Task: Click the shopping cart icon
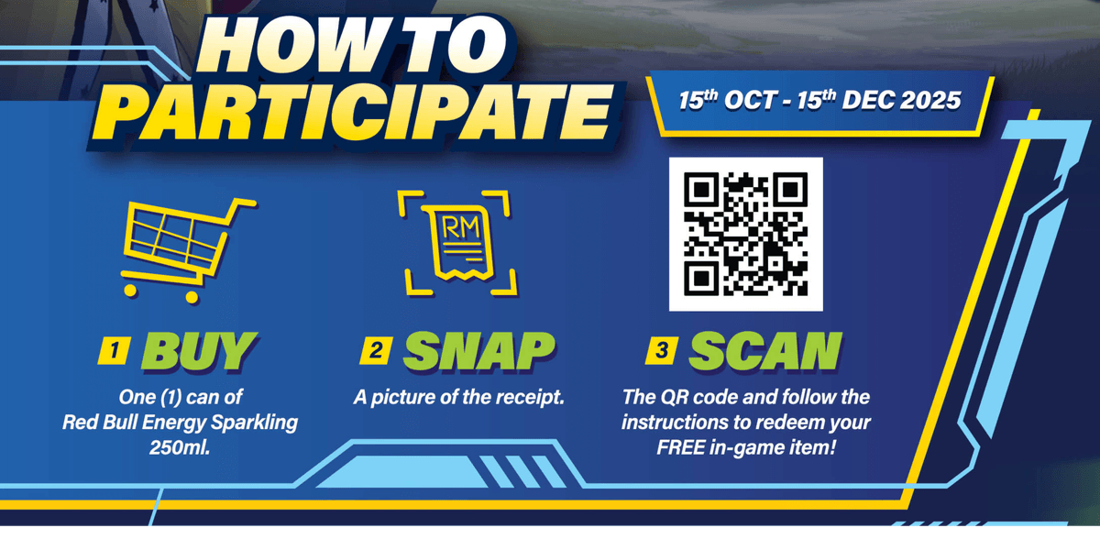click(x=187, y=250)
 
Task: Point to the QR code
click(x=746, y=235)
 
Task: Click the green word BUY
click(x=199, y=350)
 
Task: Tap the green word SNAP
click(x=478, y=350)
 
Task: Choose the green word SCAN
click(x=766, y=350)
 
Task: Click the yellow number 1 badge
click(x=115, y=350)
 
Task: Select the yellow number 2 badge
click(x=376, y=350)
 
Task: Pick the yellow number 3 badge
click(x=662, y=350)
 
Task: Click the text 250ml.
click(x=180, y=448)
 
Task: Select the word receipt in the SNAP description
click(x=532, y=398)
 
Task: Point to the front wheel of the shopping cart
click(x=192, y=297)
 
